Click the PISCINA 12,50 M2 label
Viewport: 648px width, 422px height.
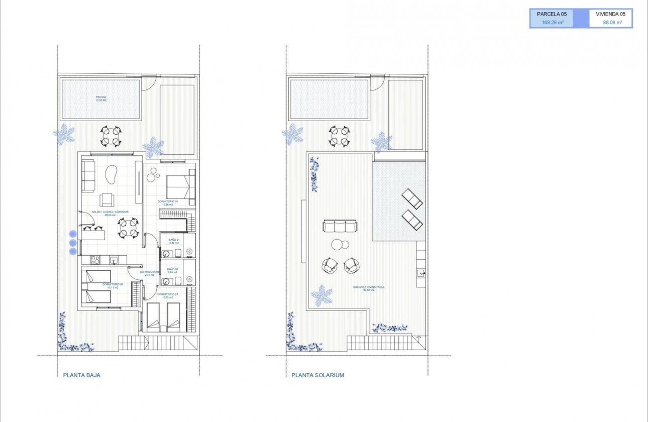point(101,98)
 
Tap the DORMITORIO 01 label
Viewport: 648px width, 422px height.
point(168,203)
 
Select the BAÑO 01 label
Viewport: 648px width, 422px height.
point(174,242)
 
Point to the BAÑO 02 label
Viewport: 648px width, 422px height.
point(174,271)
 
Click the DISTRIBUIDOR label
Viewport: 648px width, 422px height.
point(149,273)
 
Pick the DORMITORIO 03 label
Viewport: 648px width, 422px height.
point(110,286)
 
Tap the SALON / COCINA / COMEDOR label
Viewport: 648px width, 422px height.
point(110,214)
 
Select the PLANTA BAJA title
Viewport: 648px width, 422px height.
point(82,375)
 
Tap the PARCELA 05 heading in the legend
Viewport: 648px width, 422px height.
point(552,14)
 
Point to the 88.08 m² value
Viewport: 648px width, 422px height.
point(613,23)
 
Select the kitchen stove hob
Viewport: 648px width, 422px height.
point(95,260)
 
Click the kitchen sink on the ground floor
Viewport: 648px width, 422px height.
point(115,260)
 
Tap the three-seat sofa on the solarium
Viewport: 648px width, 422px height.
point(340,226)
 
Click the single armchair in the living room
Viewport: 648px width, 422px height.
point(106,199)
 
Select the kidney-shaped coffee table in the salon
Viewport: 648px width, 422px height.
point(110,176)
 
